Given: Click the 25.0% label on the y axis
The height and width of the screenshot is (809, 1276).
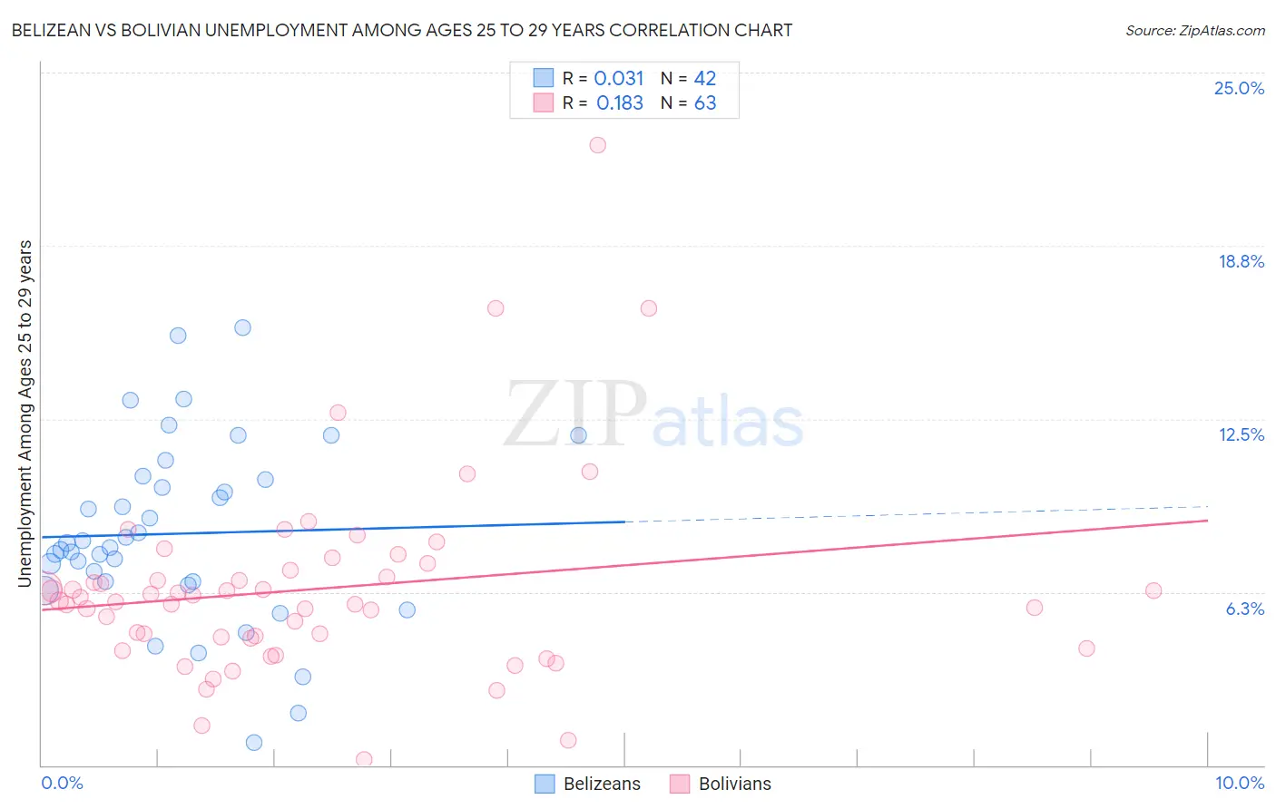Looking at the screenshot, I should click(x=1239, y=88).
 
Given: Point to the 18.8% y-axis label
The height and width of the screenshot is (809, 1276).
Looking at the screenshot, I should click(x=1241, y=261).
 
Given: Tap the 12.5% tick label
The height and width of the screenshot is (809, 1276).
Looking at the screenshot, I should click(x=1241, y=434).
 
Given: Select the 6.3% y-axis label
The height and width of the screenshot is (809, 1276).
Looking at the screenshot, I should click(x=1244, y=609).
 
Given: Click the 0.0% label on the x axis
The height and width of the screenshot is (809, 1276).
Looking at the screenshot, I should click(x=62, y=783).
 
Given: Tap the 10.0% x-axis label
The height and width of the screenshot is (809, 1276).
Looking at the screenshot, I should click(x=1239, y=783).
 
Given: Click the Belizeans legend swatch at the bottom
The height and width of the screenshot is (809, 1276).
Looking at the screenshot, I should click(x=545, y=784).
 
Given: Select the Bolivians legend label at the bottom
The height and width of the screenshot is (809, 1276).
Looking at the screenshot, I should click(x=734, y=784).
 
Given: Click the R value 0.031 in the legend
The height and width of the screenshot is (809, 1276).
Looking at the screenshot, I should click(x=618, y=79).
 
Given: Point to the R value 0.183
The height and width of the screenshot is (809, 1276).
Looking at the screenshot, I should click(x=619, y=103).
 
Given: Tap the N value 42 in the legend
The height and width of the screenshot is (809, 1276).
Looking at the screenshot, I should click(x=705, y=79).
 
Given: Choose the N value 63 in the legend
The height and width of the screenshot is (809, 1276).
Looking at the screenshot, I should click(x=705, y=103).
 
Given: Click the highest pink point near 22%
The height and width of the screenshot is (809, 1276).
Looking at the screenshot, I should click(x=597, y=145).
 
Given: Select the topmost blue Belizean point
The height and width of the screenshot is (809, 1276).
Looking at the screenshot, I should click(x=242, y=327).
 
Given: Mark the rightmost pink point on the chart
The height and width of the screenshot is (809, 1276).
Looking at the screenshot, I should click(x=1153, y=590).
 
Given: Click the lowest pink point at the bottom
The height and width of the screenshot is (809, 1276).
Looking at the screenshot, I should click(x=364, y=759).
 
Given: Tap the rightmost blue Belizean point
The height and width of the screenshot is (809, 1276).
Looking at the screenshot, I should click(x=578, y=435).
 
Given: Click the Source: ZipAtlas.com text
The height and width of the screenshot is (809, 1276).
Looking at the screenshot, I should click(x=1194, y=31).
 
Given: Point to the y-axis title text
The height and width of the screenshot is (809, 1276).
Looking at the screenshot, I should click(x=25, y=413).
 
